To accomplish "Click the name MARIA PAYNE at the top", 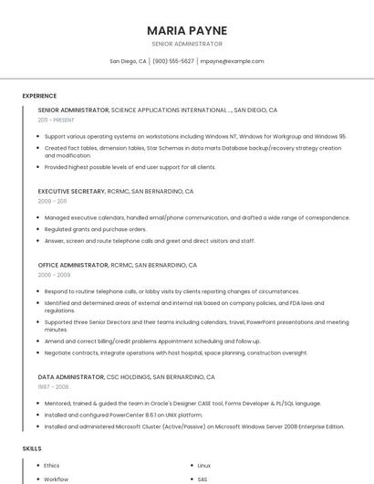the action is point(187,30).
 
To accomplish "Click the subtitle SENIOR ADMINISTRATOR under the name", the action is point(187,44).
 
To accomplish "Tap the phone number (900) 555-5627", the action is point(173,61).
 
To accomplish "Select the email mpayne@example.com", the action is point(232,61).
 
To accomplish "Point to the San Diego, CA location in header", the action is point(128,61).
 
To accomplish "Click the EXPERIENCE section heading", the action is point(39,96).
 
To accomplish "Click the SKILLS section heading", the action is point(32,448).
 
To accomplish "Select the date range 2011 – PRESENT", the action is point(56,120).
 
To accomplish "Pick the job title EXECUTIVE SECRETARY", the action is point(71,192).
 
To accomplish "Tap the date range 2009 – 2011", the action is point(52,201).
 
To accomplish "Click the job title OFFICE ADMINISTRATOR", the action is point(72,265).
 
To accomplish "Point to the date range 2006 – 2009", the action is point(54,274).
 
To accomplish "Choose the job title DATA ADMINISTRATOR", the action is point(70,376).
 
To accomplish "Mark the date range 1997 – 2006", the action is point(53,385).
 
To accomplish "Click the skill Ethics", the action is point(52,466).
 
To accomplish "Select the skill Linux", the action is point(203,466).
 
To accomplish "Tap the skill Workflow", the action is point(57,479).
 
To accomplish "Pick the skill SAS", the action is point(203,479).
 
